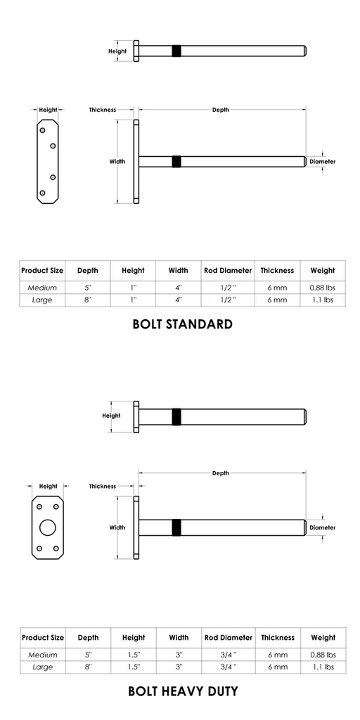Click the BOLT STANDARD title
[x=182, y=325]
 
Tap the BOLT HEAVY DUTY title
[x=182, y=691]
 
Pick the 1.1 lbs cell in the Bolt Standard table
[x=322, y=300]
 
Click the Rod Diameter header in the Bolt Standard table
[x=228, y=270]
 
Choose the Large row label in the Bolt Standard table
[x=42, y=300]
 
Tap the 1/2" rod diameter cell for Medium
[x=228, y=288]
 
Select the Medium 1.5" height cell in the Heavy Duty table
[x=133, y=655]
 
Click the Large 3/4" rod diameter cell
[x=228, y=667]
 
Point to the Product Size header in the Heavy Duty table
[x=42, y=638]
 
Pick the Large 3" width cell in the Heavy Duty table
[x=179, y=667]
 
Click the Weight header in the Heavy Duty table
[x=322, y=638]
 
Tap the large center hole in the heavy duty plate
[x=48, y=527]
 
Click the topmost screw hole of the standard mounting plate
[x=43, y=130]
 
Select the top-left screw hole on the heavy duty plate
[x=39, y=507]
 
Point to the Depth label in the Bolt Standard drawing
[x=221, y=110]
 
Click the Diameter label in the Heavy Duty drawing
[x=323, y=527]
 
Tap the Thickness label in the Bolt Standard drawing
[x=103, y=110]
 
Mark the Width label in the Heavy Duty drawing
[x=117, y=527]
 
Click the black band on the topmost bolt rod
[x=176, y=51]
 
